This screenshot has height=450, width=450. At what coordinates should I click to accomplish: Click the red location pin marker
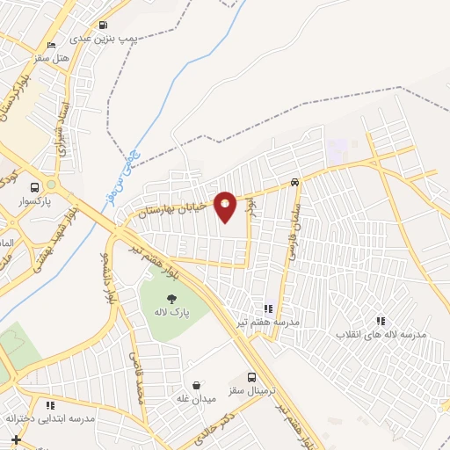click(225, 206)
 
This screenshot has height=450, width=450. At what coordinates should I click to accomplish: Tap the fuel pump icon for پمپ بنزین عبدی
click(104, 25)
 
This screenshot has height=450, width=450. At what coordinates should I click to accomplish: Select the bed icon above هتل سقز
click(51, 45)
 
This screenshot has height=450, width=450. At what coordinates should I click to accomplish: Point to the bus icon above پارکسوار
click(34, 187)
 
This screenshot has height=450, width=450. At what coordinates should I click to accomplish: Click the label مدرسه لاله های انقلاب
click(383, 335)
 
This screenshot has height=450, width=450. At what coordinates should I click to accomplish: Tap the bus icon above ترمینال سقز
click(252, 375)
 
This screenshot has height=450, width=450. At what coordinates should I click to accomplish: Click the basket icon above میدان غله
click(197, 386)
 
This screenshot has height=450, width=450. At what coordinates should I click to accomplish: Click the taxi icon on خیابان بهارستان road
click(294, 183)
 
